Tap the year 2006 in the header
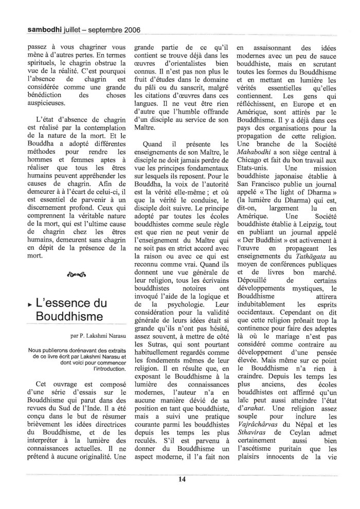point(130,30)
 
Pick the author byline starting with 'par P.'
point(99,336)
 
